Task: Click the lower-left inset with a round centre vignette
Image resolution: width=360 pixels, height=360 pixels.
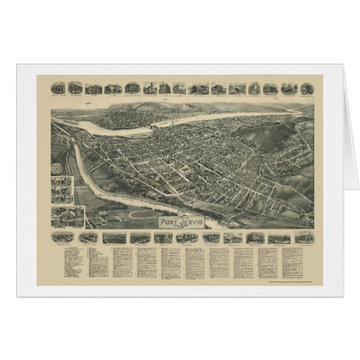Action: [67, 216]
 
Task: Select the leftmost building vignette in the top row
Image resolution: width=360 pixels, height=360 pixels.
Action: [58, 88]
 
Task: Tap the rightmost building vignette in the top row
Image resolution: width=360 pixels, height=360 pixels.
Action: [306, 88]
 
